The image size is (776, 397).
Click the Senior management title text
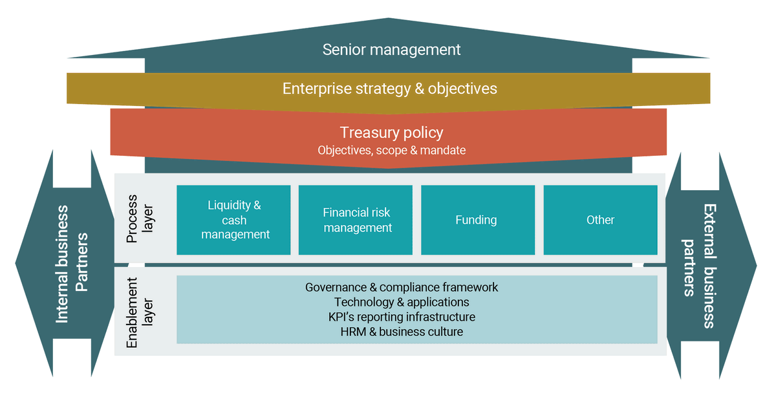pos(391,49)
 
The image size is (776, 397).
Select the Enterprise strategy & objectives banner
pos(389,88)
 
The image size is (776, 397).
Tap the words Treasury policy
pos(391,133)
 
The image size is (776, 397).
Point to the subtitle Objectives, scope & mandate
pos(391,150)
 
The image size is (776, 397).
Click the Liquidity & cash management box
pos(234,220)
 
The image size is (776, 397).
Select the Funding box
pos(476,220)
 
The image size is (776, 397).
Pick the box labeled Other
pos(600,220)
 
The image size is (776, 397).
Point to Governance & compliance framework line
pos(402,286)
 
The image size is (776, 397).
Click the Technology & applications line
pos(402,302)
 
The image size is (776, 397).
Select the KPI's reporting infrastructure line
pos(402,317)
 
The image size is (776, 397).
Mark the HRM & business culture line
pos(402,332)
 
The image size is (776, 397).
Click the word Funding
pos(476,220)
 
